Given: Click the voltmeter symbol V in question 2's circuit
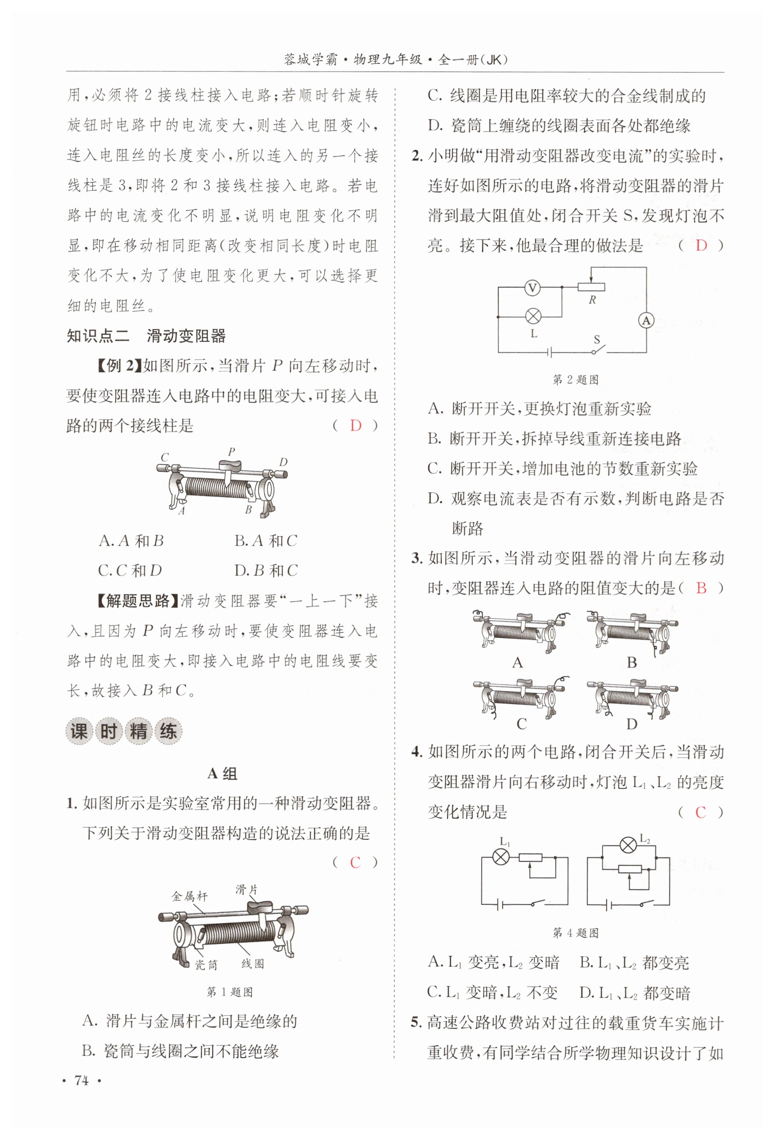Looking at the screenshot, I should click(x=532, y=288).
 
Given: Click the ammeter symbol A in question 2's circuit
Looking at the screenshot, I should click(x=646, y=320).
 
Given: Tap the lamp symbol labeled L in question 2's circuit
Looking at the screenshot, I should click(x=533, y=316).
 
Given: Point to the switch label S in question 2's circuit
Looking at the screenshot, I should click(x=596, y=339).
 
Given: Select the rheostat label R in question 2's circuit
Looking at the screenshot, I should click(x=592, y=300).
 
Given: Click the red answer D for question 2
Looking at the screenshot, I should click(x=701, y=246).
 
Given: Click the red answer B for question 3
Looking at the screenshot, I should click(x=701, y=588).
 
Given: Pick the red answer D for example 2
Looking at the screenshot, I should click(x=355, y=426).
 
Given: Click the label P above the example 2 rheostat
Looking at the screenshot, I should click(x=232, y=451).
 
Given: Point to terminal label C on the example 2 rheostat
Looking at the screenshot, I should click(x=165, y=457).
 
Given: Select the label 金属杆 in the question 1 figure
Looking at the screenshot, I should click(x=190, y=896).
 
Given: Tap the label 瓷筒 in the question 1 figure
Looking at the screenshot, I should click(x=206, y=965).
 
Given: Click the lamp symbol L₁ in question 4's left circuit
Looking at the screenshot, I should click(x=501, y=857).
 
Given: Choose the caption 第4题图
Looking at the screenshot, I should click(x=575, y=933).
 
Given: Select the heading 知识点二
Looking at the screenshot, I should click(x=98, y=336).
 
